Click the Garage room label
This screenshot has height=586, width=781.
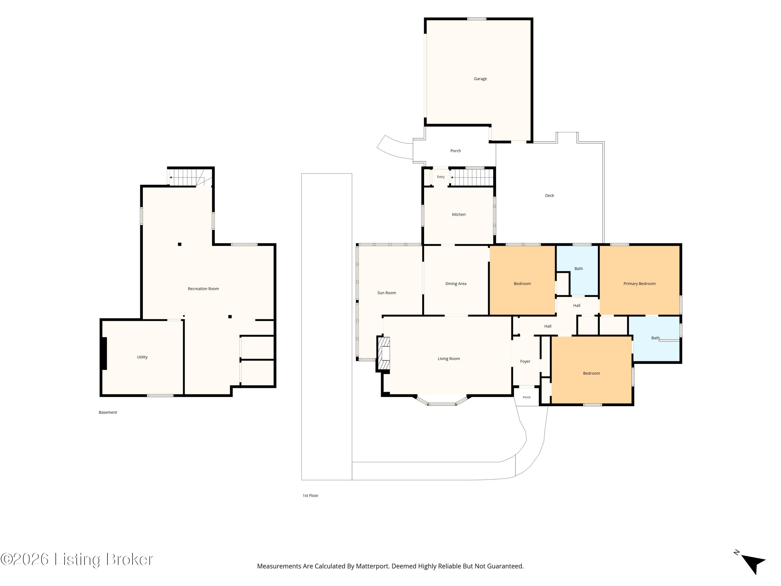click(x=480, y=79)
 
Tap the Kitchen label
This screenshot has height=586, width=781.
click(x=459, y=214)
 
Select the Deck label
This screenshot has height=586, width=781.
click(x=549, y=195)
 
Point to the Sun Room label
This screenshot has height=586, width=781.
click(x=387, y=293)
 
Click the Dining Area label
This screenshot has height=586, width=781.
click(x=456, y=284)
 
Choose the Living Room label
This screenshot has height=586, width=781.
click(x=449, y=359)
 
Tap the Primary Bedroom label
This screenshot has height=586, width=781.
click(x=639, y=284)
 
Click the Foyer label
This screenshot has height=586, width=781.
click(x=525, y=361)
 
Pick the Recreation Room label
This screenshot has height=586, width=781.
click(x=203, y=289)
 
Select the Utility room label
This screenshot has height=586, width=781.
click(x=142, y=357)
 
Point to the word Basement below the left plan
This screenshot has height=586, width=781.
click(x=108, y=412)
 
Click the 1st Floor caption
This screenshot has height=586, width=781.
click(x=310, y=496)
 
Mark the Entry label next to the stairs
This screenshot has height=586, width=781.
click(x=441, y=177)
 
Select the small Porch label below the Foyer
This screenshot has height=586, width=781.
click(x=526, y=397)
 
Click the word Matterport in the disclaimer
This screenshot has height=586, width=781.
click(x=372, y=566)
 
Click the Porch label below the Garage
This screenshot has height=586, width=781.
click(x=456, y=151)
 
